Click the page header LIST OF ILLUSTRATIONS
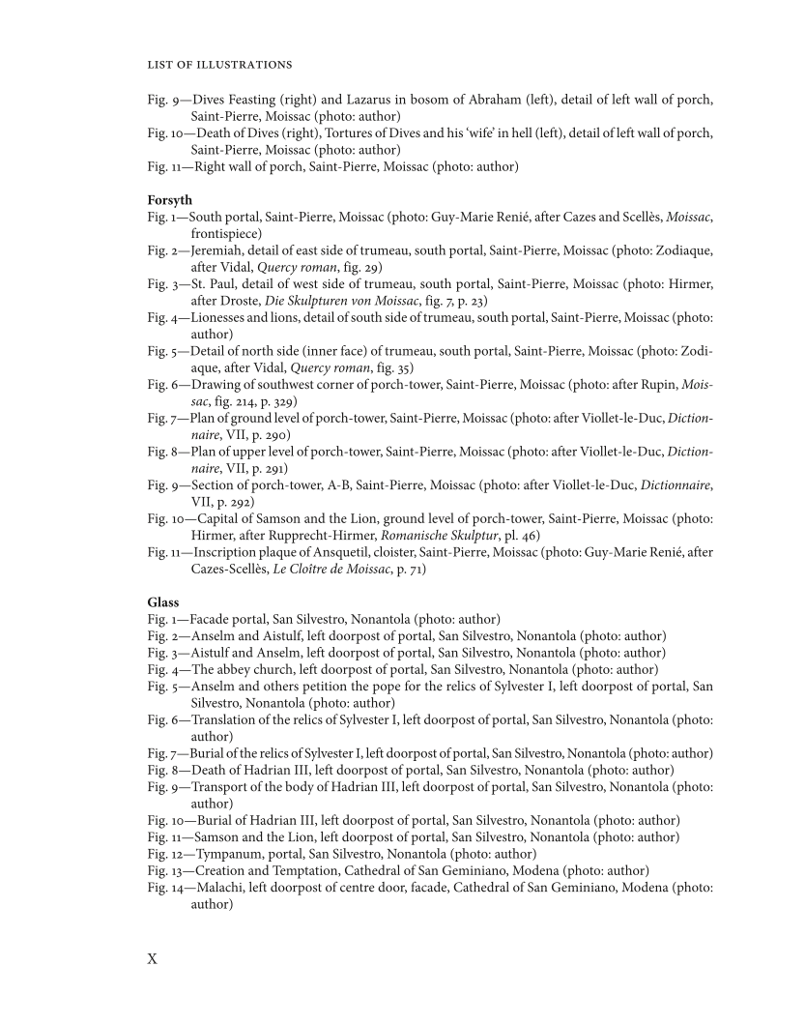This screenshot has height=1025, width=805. point(219,65)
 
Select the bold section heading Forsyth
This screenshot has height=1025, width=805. point(170,200)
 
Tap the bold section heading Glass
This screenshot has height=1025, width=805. point(163,602)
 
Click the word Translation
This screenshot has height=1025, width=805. point(229,719)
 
